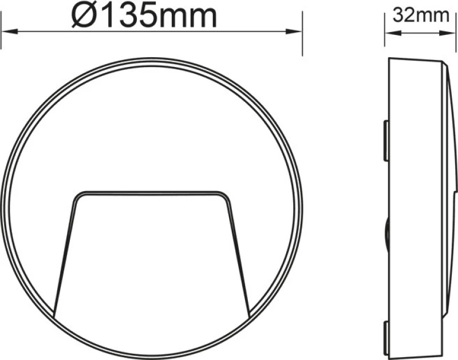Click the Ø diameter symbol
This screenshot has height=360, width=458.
(83, 17)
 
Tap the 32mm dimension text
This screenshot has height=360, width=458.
(421, 15)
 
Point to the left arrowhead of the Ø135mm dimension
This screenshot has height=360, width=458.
(10, 31)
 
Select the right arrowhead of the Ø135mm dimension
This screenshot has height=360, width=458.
(294, 31)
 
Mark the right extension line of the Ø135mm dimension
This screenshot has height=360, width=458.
(302, 33)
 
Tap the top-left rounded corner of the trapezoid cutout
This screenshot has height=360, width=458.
(77, 196)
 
